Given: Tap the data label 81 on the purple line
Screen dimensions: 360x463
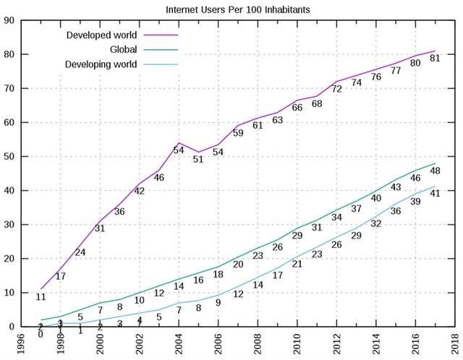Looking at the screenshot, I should click(x=436, y=59).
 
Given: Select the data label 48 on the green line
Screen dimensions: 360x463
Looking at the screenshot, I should click(x=436, y=171).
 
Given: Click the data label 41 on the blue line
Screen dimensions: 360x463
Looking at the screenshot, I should click(x=436, y=193).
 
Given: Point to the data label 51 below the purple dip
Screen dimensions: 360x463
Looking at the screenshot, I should click(x=197, y=159).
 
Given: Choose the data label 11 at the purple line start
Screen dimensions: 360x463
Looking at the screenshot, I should click(x=41, y=296).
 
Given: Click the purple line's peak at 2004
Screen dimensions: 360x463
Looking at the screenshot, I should click(x=179, y=143).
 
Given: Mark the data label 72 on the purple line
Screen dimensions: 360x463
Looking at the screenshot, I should click(x=336, y=89).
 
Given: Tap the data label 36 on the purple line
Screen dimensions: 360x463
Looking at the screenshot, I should click(x=119, y=212).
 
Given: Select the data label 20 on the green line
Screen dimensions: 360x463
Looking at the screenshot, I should click(x=238, y=265).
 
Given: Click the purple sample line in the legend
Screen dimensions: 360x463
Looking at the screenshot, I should click(x=161, y=35).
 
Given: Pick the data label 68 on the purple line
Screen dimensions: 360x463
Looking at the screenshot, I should click(x=317, y=104).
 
